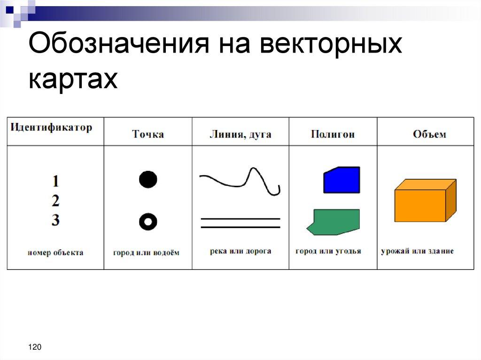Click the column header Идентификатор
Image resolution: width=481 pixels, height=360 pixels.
click(x=51, y=127)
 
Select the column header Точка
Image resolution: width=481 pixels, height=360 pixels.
click(x=148, y=135)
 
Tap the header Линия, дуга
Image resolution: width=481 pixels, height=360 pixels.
click(x=240, y=135)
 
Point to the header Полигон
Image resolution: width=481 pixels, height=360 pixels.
click(x=333, y=135)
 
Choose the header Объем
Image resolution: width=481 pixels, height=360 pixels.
click(x=429, y=135)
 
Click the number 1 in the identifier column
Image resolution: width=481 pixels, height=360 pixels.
click(x=55, y=181)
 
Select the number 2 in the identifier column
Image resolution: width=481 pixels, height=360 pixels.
click(x=55, y=201)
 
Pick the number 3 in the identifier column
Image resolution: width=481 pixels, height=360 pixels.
click(x=55, y=220)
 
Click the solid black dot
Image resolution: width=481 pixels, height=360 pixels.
click(x=148, y=180)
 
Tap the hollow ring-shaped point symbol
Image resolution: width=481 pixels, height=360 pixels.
click(x=148, y=222)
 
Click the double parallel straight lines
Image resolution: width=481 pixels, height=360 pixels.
click(x=240, y=222)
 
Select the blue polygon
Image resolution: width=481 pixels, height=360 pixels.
click(x=342, y=180)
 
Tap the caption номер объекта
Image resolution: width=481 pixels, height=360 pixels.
click(x=55, y=253)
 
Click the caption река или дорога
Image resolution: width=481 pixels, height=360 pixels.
click(x=240, y=251)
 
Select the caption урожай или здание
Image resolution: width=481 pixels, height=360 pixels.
click(x=417, y=251)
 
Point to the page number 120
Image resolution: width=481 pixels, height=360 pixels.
click(x=35, y=347)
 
